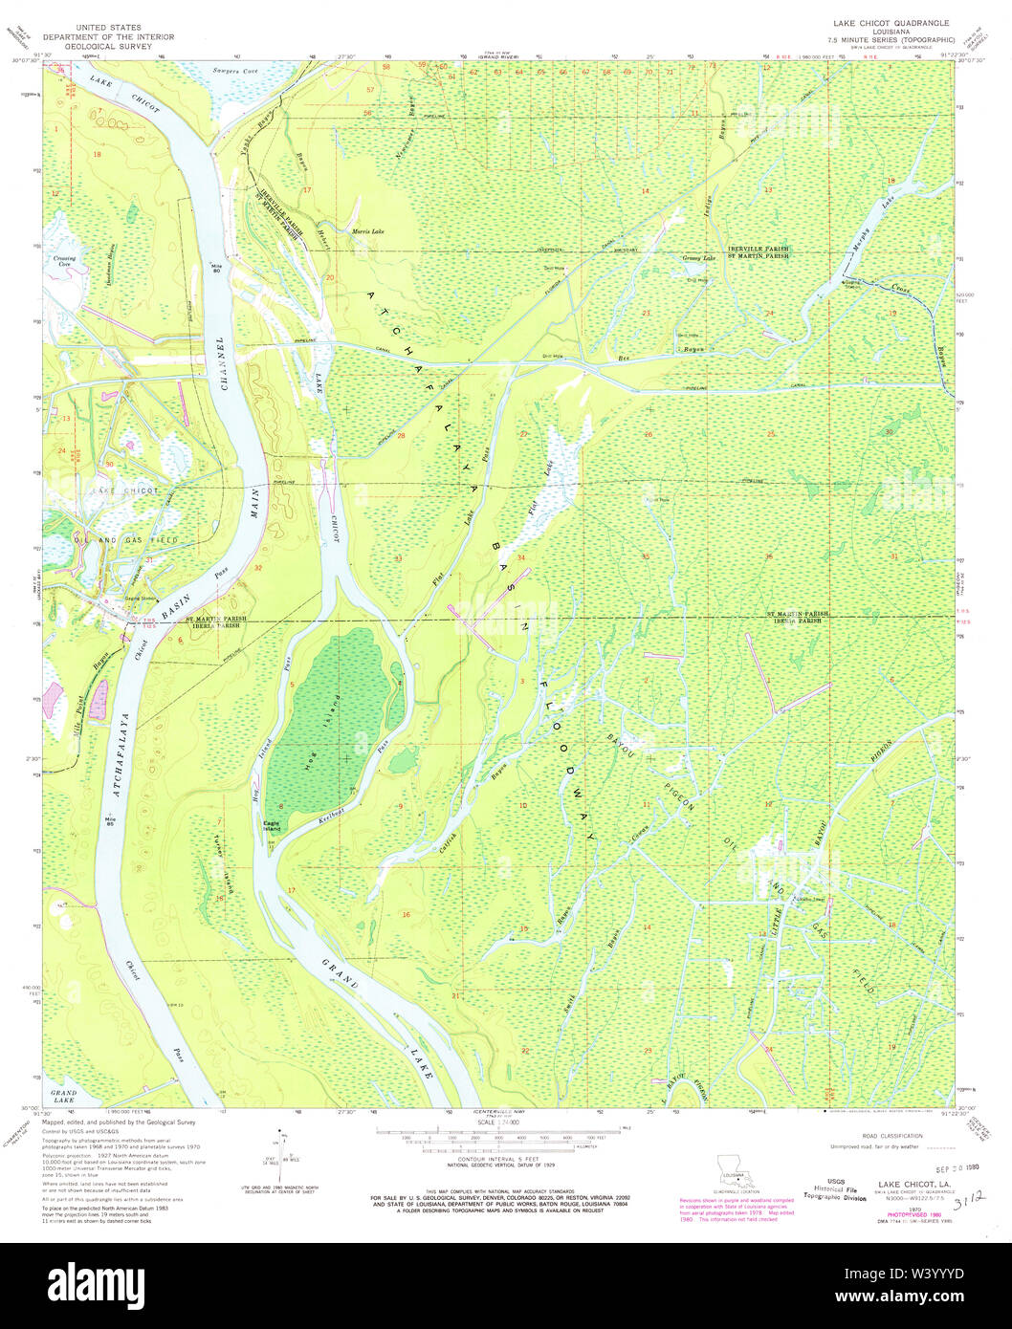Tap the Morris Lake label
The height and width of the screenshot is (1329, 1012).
click(x=367, y=231)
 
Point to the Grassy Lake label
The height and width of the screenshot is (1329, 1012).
click(x=698, y=258)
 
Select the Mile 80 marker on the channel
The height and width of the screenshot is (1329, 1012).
click(x=216, y=269)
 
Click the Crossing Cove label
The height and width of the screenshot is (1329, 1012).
click(x=65, y=259)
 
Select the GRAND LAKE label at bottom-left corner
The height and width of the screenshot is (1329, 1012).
click(x=63, y=1097)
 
